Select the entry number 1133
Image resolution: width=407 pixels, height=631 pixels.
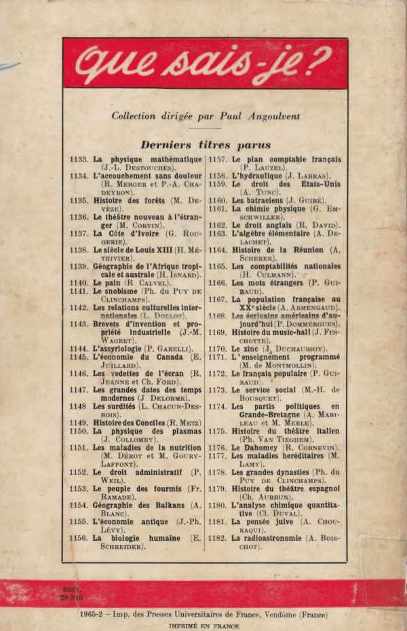[x=79, y=159]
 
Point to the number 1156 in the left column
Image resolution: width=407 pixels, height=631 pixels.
[x=79, y=537]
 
